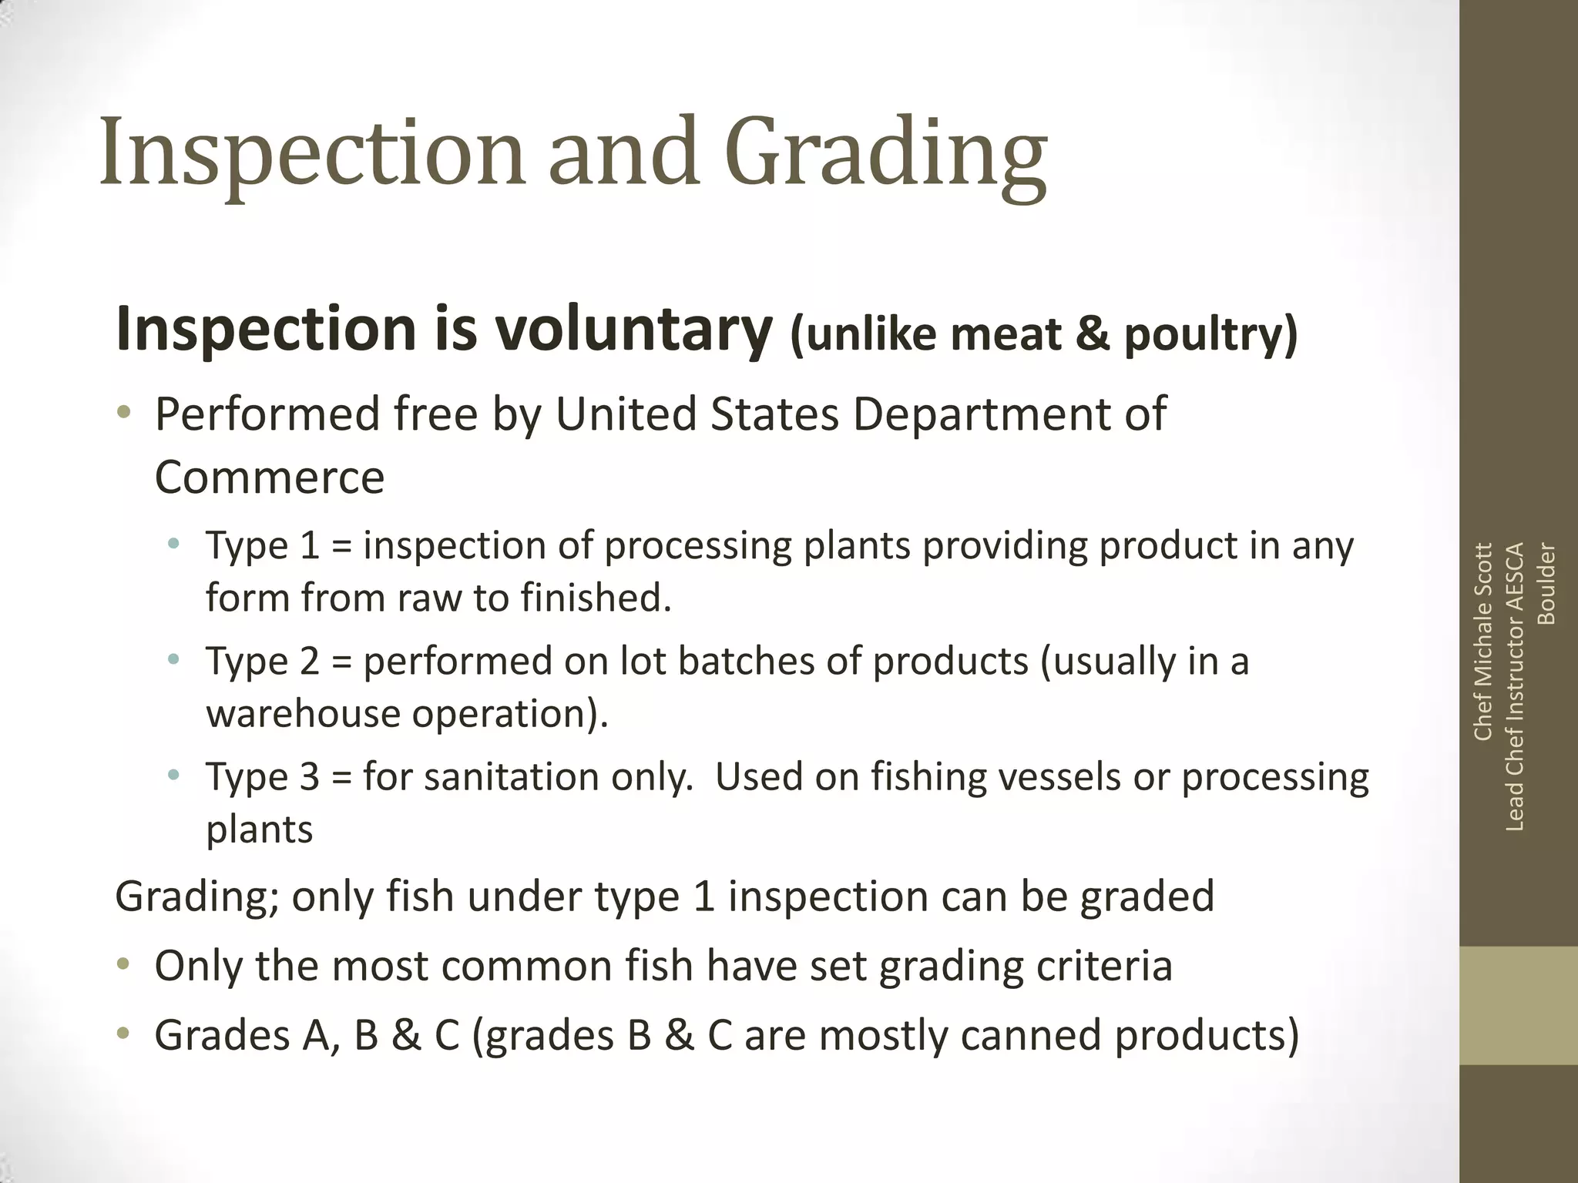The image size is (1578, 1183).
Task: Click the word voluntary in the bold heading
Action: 633,330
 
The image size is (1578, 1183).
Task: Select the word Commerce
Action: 270,478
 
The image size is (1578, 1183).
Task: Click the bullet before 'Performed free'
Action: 124,414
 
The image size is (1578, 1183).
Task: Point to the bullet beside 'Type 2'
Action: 174,660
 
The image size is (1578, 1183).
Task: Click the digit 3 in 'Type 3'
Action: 309,776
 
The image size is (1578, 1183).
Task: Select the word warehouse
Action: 303,713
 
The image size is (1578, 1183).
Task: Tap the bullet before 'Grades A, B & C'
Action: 124,1034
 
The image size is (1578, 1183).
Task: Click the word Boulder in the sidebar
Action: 1546,584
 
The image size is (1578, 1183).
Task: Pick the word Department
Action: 1005,414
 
